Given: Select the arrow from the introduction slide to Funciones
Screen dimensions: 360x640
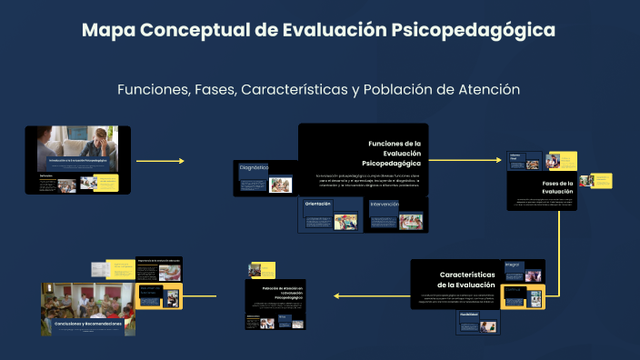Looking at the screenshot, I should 159,161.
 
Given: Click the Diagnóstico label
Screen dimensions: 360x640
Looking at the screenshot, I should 254,168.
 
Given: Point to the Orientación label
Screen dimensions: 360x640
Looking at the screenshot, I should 318,204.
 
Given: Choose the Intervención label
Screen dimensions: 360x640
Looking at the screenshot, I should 385,205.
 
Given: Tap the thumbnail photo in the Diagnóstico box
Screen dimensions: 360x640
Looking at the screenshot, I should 281,185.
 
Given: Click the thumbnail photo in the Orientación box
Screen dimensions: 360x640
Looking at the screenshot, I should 345,220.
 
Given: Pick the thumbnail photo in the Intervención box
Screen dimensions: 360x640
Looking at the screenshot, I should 410,220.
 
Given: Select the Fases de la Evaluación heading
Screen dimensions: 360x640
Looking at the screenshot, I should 556,187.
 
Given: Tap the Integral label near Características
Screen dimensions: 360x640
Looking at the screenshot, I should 512,265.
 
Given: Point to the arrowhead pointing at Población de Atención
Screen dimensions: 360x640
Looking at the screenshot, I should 337,295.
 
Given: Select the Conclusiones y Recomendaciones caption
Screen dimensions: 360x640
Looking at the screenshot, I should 83,324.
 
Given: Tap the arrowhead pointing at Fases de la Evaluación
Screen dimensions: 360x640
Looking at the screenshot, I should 498,161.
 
